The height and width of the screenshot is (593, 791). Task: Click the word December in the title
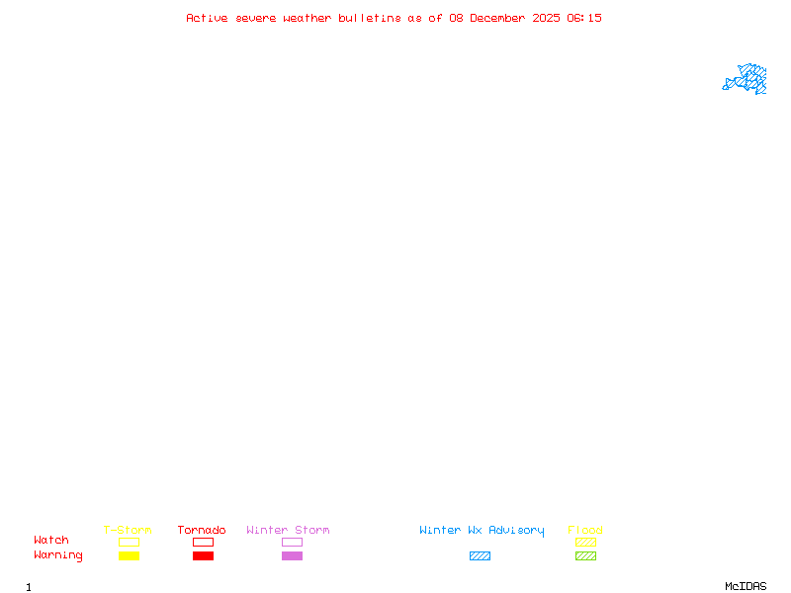[497, 18]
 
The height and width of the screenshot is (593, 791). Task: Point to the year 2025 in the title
[546, 18]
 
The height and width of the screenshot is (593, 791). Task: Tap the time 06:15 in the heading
[584, 18]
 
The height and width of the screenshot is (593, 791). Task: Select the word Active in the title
[207, 18]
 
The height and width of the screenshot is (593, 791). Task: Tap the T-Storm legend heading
[128, 530]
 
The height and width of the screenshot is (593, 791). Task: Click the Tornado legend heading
[202, 530]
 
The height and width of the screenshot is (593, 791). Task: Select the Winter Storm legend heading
[288, 530]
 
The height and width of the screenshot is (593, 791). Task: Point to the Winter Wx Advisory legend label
[482, 531]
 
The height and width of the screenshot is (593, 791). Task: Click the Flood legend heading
[585, 530]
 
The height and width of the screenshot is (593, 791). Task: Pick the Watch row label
[51, 540]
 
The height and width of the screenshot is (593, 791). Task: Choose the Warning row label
[58, 555]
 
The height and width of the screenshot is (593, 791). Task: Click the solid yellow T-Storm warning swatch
[130, 555]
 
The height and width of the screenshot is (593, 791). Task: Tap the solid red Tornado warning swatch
[204, 555]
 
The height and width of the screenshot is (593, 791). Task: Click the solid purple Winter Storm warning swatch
[292, 555]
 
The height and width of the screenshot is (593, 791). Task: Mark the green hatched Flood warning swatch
[585, 555]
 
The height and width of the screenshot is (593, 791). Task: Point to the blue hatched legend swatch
[480, 555]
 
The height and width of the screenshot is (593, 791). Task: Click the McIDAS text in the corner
[746, 586]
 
